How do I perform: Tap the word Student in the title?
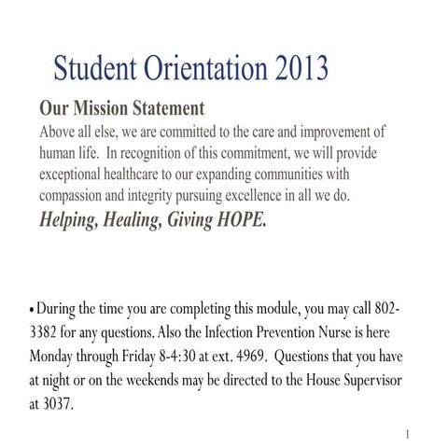click(94, 68)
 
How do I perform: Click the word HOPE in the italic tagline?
click(237, 221)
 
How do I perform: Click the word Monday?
click(58, 357)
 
